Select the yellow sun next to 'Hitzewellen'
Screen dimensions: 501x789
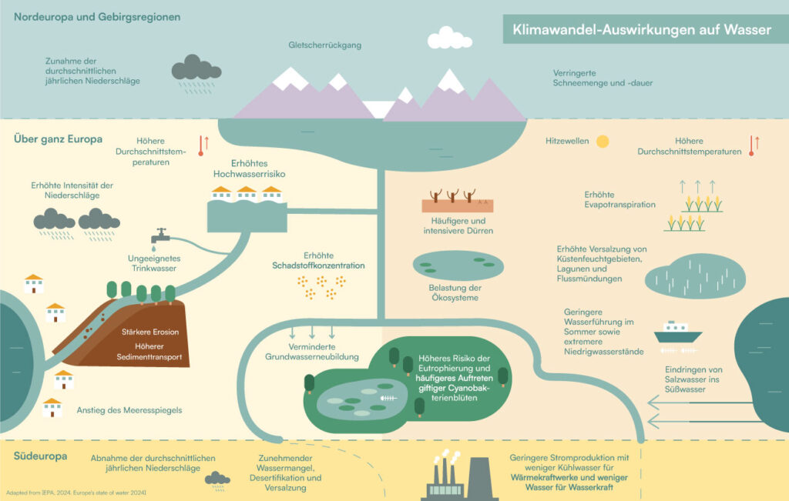click(602, 142)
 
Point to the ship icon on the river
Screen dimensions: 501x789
click(677, 332)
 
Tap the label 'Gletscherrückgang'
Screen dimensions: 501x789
click(324, 45)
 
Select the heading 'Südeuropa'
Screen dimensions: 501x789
click(40, 456)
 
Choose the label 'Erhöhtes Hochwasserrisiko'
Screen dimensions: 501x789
click(249, 169)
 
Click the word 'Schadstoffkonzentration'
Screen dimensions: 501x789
click(318, 266)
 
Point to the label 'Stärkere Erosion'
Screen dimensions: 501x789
click(150, 332)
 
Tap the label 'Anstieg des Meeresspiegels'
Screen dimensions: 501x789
click(129, 410)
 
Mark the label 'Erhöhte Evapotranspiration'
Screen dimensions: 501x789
click(619, 199)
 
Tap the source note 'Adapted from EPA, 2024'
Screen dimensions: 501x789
click(76, 492)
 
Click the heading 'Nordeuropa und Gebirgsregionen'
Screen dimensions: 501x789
click(97, 16)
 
